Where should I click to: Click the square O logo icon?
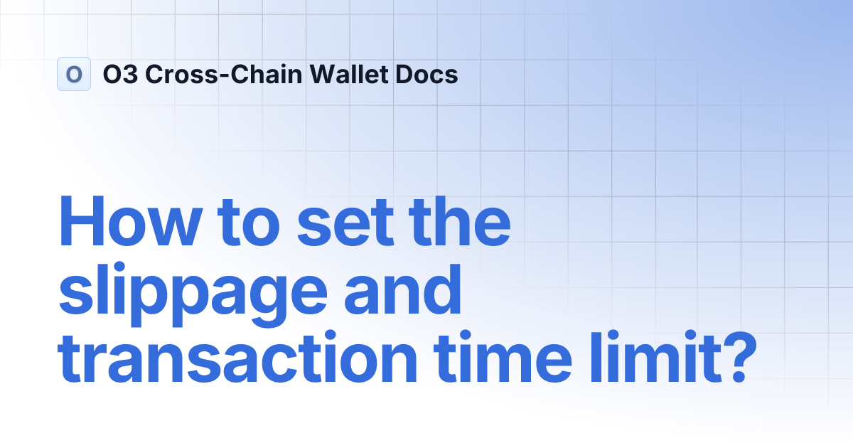click(x=74, y=74)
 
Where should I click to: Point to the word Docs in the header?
click(x=429, y=74)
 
